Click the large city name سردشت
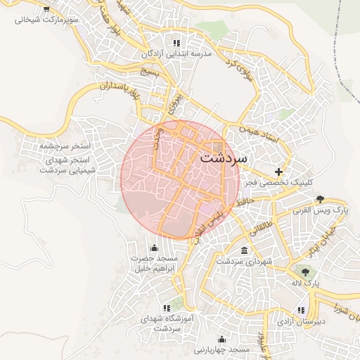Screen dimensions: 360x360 coord(224,158)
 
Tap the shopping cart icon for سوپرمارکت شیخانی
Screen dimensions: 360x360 coord(46,10)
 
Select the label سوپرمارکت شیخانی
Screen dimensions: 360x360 coord(46,20)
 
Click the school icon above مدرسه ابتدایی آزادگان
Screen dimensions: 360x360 coord(186,43)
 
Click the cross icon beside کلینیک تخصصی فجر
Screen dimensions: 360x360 coord(279,172)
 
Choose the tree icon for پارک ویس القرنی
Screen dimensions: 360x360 coord(321,199)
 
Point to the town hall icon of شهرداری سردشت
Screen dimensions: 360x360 coord(244,251)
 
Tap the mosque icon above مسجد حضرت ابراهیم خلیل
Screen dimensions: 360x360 coord(155,248)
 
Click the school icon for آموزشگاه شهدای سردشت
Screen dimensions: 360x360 coord(167,308)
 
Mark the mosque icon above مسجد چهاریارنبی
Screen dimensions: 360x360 coord(222,339)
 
